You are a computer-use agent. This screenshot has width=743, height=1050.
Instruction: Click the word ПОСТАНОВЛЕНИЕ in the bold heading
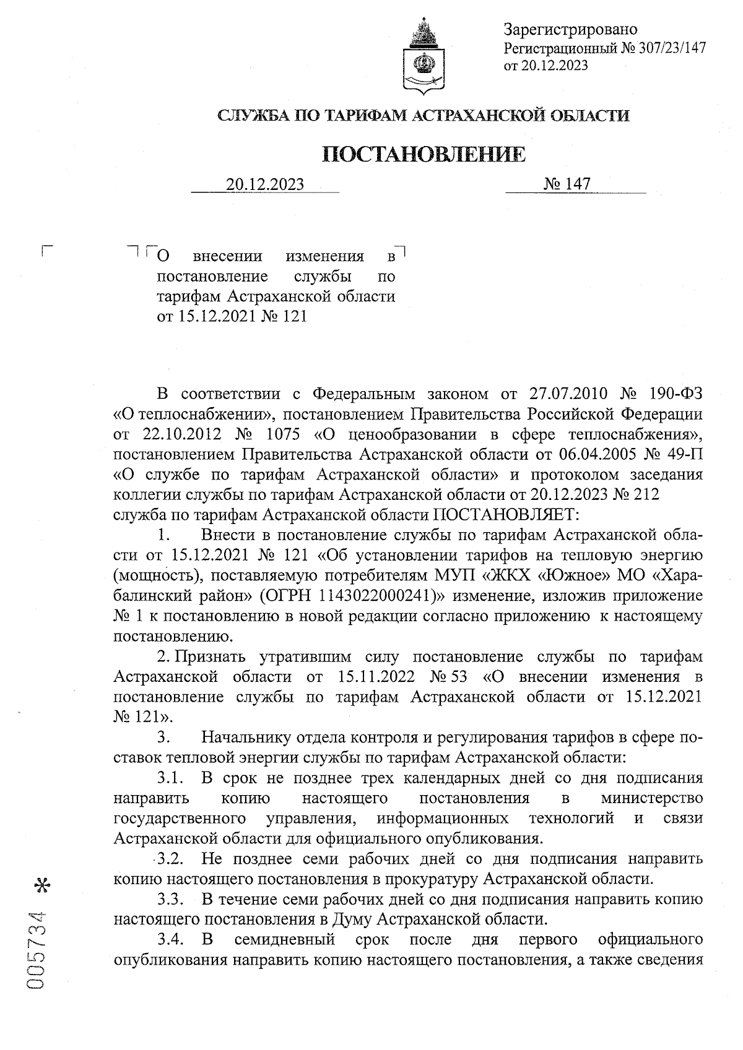[425, 155]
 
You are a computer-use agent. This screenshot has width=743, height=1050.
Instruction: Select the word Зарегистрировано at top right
[570, 29]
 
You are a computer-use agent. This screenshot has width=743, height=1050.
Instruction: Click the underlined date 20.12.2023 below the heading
[265, 184]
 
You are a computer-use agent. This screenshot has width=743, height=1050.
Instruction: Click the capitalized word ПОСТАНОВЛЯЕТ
[505, 514]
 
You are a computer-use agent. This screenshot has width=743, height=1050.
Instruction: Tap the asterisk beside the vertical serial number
[43, 886]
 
